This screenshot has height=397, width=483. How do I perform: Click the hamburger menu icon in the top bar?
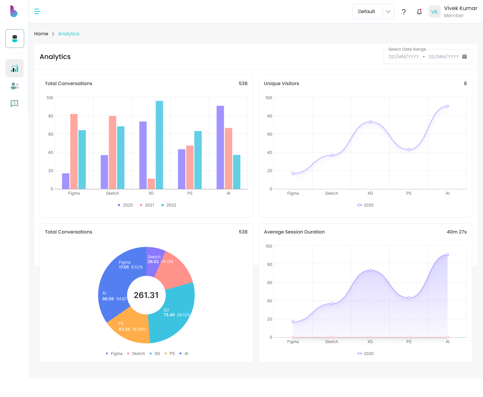[x=37, y=11]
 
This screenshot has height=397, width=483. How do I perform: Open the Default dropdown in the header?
[x=373, y=11]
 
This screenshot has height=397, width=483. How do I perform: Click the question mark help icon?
[x=404, y=12]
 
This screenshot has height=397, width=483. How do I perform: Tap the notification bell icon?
[x=419, y=12]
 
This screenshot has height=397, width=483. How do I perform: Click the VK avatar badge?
[x=434, y=12]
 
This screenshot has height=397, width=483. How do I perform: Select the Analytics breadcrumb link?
[x=68, y=34]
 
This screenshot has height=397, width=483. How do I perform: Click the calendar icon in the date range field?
[x=465, y=57]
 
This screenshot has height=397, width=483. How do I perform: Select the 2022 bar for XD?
[x=159, y=145]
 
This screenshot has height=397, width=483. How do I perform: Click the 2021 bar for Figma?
[x=74, y=151]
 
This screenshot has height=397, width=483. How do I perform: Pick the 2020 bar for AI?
[x=220, y=147]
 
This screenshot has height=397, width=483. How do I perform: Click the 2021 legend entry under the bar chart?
[x=147, y=205]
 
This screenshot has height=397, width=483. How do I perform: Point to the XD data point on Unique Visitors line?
[x=370, y=122]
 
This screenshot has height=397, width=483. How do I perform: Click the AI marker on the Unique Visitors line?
[x=447, y=106]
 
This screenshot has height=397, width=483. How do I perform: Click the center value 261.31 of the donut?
[x=146, y=295]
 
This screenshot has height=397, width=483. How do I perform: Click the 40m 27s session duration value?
[x=457, y=232]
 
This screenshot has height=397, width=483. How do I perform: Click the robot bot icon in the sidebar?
[x=15, y=39]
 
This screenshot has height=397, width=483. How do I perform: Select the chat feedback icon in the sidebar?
[x=14, y=104]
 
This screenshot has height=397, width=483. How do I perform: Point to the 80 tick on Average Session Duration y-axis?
[x=270, y=264]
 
